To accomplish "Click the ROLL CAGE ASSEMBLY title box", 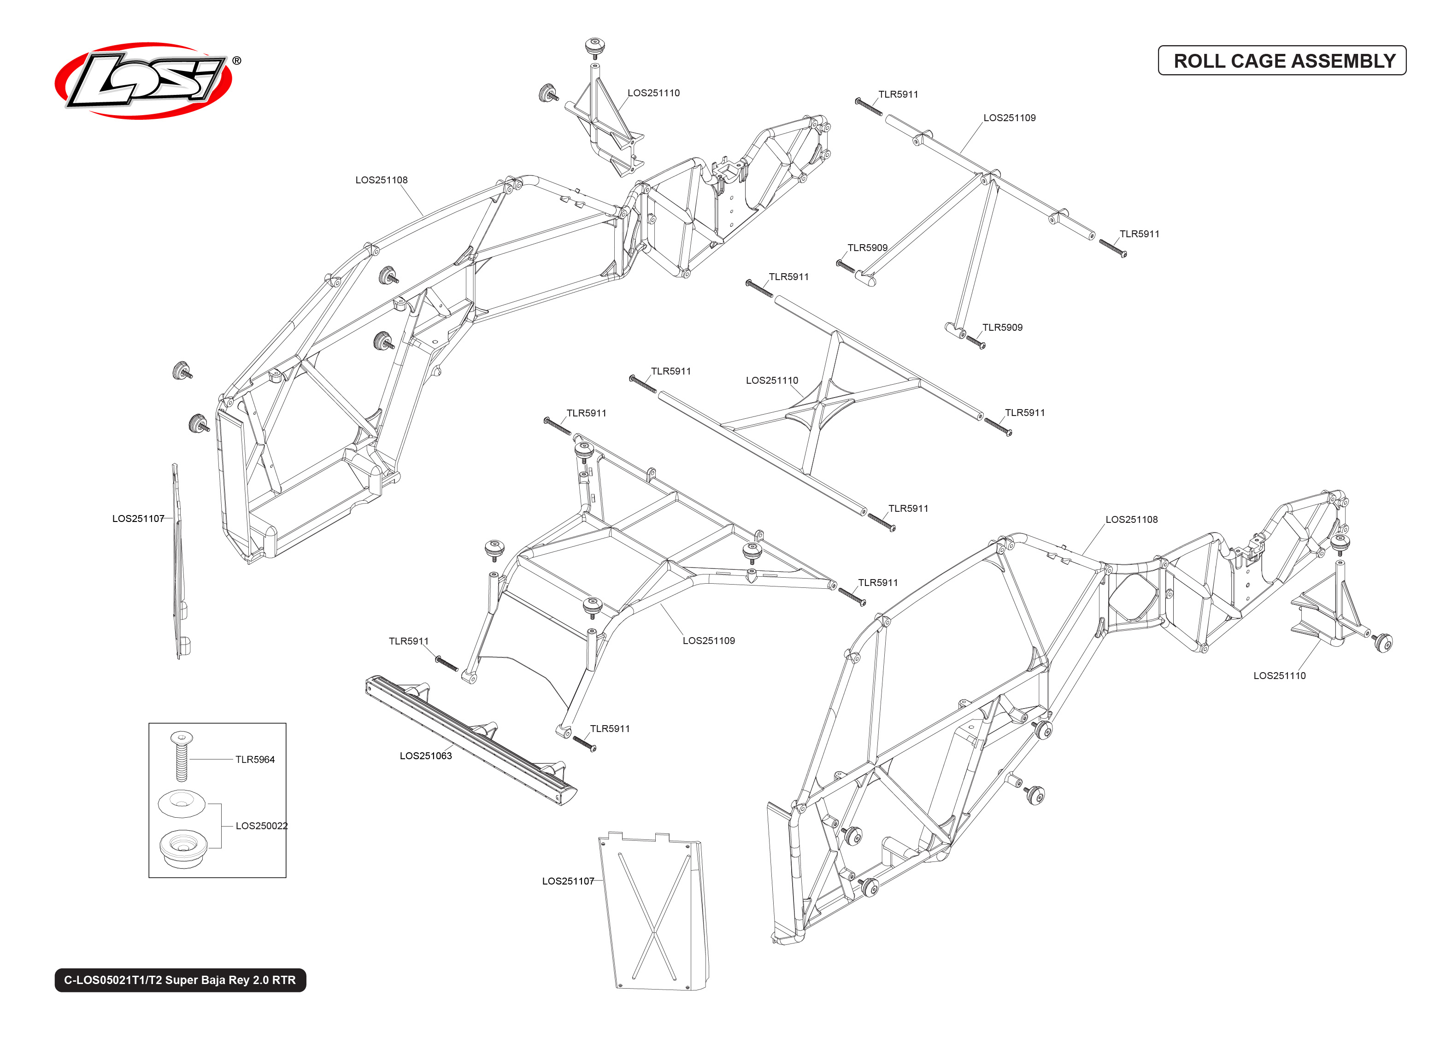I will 1282,61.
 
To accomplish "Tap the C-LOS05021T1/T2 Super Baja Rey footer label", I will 180,980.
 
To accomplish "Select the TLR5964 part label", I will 255,759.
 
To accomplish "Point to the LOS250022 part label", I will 261,826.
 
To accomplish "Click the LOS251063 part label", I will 425,756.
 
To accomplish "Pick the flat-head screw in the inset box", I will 182,757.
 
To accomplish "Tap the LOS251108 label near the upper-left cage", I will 381,180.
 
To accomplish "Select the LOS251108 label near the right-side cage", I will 1131,520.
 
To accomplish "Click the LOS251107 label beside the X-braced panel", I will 568,881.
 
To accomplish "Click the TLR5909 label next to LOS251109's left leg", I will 867,248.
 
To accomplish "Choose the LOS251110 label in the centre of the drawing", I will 771,381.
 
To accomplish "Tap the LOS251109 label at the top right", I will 1009,118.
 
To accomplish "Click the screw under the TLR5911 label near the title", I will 869,106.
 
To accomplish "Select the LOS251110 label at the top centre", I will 653,93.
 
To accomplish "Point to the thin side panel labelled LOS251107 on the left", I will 179,562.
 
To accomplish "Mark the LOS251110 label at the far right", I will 1279,675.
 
